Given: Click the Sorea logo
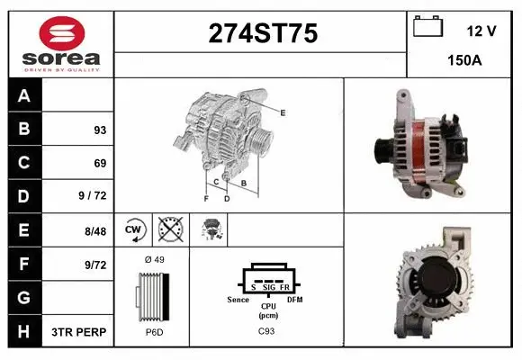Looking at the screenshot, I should click(x=61, y=44).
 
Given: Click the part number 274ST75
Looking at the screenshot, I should click(x=263, y=33).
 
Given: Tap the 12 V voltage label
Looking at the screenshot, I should click(x=481, y=31).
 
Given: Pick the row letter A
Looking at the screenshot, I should click(x=24, y=95).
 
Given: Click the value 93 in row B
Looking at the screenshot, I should click(x=99, y=130).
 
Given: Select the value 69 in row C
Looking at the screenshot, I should click(x=99, y=163).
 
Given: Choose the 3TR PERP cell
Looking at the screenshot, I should click(x=79, y=332).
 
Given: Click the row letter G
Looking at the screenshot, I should click(x=24, y=298).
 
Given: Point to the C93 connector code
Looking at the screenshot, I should click(x=267, y=332).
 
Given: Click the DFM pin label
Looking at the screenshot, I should click(x=294, y=298).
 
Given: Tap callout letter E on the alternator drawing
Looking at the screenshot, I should click(x=283, y=112).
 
